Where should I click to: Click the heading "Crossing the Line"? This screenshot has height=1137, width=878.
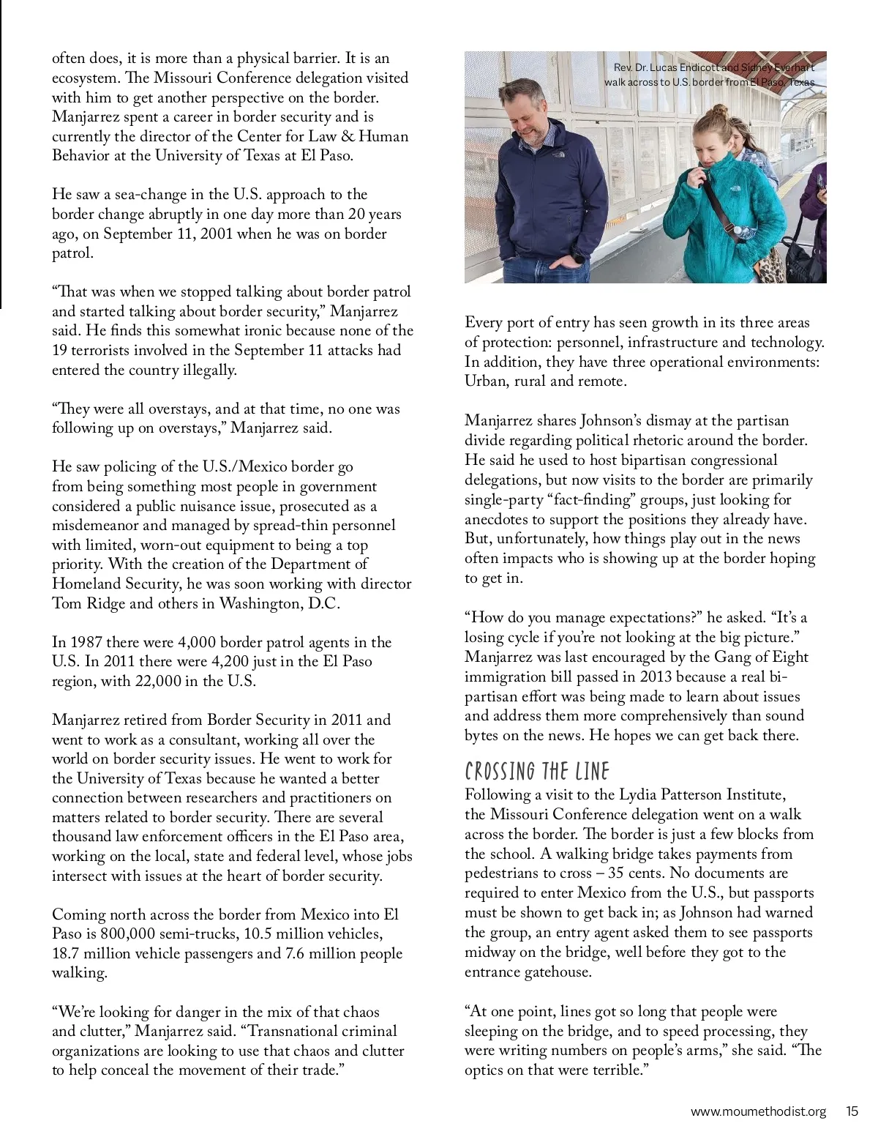pos(537,772)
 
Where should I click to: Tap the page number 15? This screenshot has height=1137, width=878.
pos(852,1111)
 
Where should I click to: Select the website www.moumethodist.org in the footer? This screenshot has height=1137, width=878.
pos(758,1111)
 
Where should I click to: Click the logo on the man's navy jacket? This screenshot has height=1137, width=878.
pos(559,154)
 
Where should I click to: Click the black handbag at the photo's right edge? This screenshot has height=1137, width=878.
pos(803,253)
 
